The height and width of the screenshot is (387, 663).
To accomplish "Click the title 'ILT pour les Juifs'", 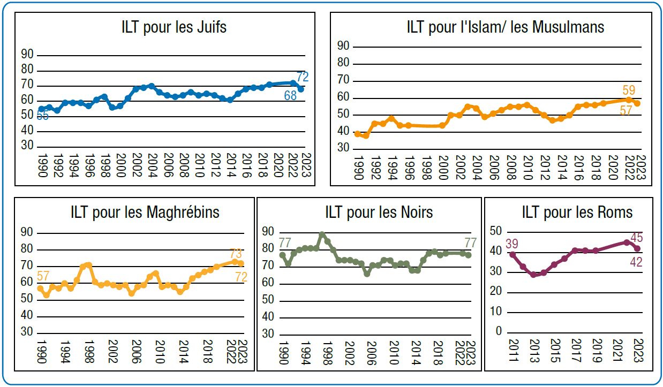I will tap(174, 27).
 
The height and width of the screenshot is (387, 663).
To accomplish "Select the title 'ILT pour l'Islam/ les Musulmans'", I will tap(506, 27).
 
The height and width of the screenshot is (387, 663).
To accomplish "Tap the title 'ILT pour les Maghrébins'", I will tap(145, 212).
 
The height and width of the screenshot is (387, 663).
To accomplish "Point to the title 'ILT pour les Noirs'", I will tap(379, 212).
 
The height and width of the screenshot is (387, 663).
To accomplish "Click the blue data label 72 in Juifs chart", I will tap(303, 77).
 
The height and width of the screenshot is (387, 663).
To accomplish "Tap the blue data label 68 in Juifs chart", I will tap(290, 96).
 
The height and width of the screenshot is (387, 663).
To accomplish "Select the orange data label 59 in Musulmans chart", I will tap(629, 90).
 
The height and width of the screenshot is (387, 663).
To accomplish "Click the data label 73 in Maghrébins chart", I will tap(236, 253).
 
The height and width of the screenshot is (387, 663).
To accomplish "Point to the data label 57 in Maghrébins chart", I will tap(43, 277).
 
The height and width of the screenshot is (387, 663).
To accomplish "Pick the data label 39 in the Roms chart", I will tap(511, 244).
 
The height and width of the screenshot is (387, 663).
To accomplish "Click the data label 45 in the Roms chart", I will tap(637, 238).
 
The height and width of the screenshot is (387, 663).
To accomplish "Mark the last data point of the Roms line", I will tap(637, 248).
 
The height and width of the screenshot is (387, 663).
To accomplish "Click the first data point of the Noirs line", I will tap(283, 255).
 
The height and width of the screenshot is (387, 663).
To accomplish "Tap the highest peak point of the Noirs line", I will tap(322, 234).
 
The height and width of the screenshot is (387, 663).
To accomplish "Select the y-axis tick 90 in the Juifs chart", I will tap(27, 54).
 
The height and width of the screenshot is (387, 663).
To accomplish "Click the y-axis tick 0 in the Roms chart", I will tap(499, 332).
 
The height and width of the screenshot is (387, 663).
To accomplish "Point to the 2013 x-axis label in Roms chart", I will tap(533, 351).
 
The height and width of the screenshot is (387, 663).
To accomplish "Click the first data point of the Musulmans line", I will tap(358, 134).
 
